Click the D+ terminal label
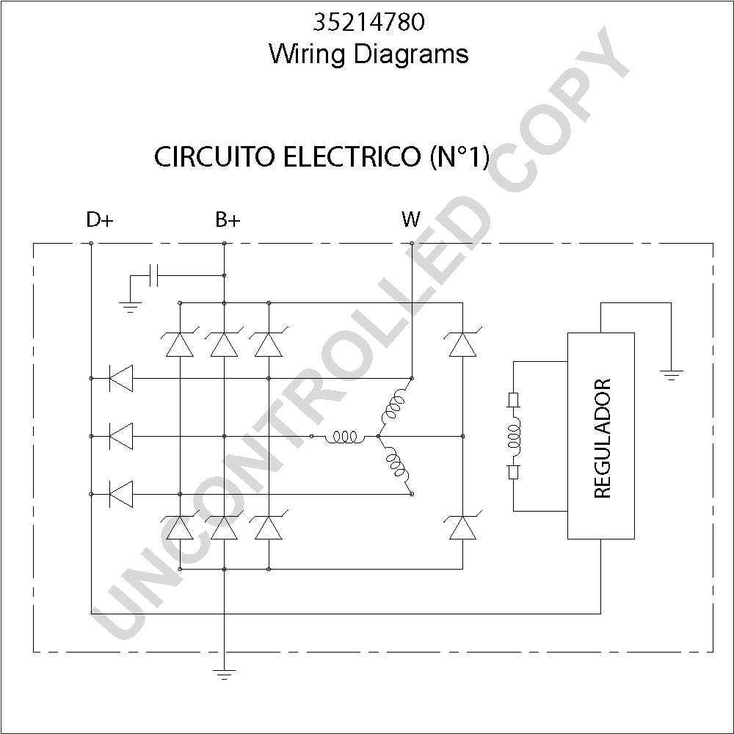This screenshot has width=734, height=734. tap(100, 219)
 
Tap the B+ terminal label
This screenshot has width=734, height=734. tap(228, 219)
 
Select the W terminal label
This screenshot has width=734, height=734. tap(410, 219)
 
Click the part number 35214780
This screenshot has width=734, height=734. tap(369, 22)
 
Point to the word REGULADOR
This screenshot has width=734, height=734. tap(602, 439)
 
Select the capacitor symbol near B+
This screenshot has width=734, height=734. tap(153, 275)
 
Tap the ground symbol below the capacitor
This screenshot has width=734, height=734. tap(130, 308)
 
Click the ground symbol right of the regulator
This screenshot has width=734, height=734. tap(672, 375)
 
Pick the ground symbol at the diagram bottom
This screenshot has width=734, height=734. tap(224, 675)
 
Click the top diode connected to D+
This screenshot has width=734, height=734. tap(120, 378)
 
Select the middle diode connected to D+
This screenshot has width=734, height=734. tap(120, 436)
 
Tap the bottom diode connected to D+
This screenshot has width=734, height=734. tap(120, 494)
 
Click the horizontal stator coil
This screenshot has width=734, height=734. tap(345, 437)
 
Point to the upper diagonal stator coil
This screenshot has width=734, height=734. tap(394, 406)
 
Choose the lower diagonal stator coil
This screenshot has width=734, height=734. tap(396, 467)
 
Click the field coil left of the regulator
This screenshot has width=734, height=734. tap(514, 436)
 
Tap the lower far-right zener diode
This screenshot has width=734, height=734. tap(462, 527)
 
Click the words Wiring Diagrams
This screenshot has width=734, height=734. tap(369, 54)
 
